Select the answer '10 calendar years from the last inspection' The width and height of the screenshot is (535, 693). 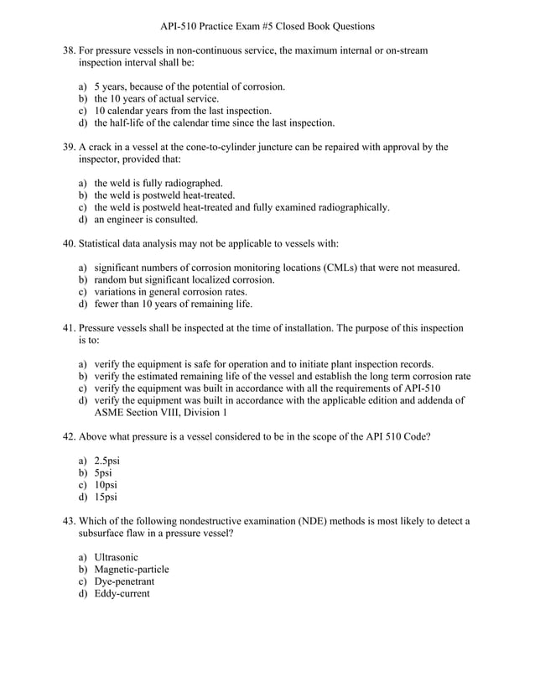[183, 111]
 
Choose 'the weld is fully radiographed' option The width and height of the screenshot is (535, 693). [158, 183]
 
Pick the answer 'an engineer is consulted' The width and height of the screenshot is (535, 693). [146, 220]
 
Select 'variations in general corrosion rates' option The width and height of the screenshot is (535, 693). [170, 292]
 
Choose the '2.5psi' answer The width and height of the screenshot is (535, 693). [106, 461]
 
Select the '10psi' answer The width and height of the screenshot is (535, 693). [106, 485]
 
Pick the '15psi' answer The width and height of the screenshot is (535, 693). [106, 497]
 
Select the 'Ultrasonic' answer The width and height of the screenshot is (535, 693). [117, 557]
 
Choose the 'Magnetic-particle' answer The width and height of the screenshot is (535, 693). [132, 570]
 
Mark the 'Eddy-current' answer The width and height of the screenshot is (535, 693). [122, 594]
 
